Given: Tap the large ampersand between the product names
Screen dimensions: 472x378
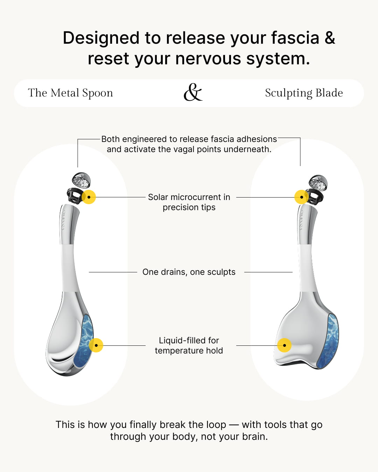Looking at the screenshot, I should point(193,93).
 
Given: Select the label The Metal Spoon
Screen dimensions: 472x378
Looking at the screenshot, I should point(70,93).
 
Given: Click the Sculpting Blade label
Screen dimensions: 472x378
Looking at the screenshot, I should point(304,93).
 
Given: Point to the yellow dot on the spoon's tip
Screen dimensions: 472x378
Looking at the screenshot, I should point(89,197).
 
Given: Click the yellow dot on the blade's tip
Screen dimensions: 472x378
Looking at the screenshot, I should point(301,197).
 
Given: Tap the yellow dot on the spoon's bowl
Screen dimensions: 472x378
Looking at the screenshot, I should point(96,345).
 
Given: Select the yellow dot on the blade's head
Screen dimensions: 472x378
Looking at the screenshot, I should point(284,345).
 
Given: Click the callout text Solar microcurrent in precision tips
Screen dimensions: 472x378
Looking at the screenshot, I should point(189,202).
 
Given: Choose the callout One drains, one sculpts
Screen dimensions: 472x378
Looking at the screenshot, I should point(189,272).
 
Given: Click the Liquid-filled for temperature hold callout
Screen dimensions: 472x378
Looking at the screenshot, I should point(189,345).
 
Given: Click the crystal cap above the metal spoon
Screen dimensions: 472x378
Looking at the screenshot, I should point(81,180).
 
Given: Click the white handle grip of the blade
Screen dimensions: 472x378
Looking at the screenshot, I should point(307,267).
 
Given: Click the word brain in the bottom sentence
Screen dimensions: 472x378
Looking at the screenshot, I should point(255,437).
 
